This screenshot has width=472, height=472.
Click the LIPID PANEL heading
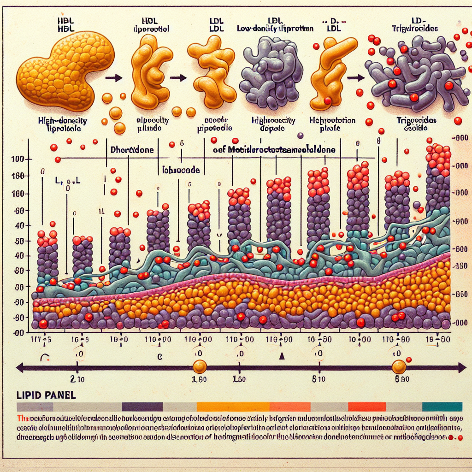46,396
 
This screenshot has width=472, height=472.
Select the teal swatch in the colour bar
442,407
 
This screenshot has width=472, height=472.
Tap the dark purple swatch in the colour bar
142,407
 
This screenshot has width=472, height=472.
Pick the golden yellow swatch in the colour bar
233,407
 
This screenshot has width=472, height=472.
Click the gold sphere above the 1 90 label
199,367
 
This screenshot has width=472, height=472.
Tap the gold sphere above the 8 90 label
399,367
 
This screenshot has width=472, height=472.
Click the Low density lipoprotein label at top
275,29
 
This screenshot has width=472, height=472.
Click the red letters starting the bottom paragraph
21,418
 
